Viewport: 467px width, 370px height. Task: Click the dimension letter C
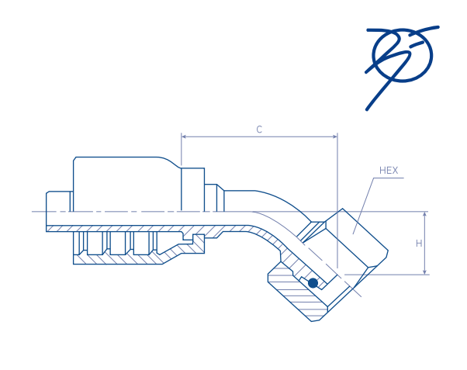tap(259, 130)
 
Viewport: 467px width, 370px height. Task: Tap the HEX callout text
tap(389, 170)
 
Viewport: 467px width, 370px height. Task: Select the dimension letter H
tap(419, 243)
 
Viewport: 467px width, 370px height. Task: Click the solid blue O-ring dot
tap(313, 283)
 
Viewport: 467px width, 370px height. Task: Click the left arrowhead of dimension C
tap(184, 137)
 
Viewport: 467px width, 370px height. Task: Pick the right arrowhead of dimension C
tap(334, 137)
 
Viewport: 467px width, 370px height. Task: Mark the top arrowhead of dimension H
tap(425, 214)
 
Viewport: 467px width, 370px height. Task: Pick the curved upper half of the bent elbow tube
tap(264, 200)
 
